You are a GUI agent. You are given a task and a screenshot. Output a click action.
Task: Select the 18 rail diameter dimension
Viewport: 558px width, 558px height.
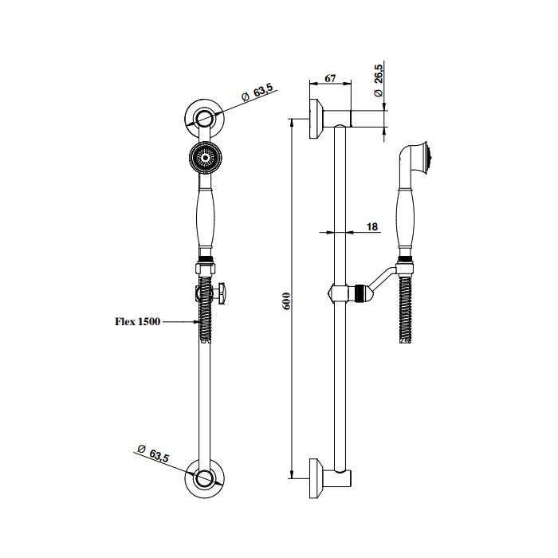[x=371, y=226]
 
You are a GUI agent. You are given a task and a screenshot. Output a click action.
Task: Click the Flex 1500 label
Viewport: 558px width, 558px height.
[x=137, y=322]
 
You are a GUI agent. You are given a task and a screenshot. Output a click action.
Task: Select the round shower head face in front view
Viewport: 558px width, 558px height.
[x=206, y=157]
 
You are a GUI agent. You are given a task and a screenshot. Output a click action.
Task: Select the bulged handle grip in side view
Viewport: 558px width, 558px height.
[x=406, y=219]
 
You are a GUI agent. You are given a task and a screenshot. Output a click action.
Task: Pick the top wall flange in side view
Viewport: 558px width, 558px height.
[x=316, y=119]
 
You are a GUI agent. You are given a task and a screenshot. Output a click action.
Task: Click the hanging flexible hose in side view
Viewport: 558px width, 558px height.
[x=405, y=307]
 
